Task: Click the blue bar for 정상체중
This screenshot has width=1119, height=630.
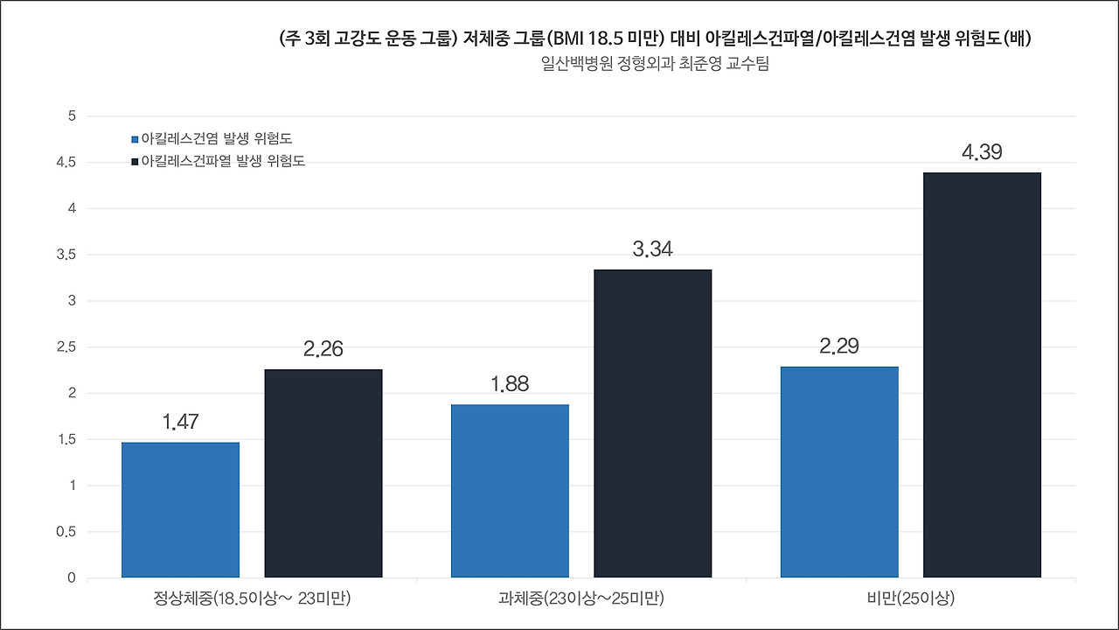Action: [180, 509]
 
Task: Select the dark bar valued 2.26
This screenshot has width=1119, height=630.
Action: [323, 473]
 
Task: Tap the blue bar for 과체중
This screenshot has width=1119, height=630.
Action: [510, 491]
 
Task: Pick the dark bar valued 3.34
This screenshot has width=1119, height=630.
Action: [652, 423]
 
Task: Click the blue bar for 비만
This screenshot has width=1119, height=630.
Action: [839, 472]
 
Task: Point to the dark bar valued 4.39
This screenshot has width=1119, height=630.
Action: [982, 375]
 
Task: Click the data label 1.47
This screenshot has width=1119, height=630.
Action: [180, 423]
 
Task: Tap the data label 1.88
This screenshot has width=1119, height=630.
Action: [510, 385]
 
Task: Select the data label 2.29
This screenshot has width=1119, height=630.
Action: [839, 346]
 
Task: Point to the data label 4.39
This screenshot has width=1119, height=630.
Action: [982, 153]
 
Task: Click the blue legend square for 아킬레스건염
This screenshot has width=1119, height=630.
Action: [135, 139]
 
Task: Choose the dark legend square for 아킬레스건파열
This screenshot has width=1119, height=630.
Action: [135, 162]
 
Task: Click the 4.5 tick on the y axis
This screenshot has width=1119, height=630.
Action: [67, 163]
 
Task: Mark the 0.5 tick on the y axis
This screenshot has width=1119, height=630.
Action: [67, 532]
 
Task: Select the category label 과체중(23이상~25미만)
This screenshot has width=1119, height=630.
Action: [581, 599]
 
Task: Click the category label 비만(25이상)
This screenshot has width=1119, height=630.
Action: [910, 599]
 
